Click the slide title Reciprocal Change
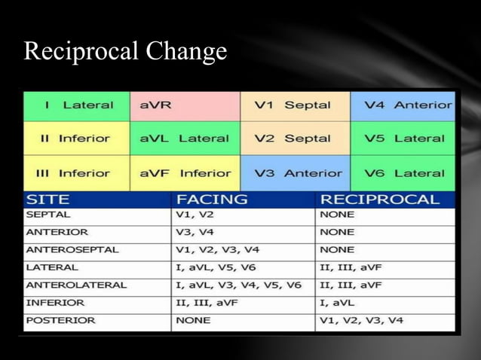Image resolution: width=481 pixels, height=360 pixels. [125, 51]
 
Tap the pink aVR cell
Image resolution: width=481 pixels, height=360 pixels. [185, 105]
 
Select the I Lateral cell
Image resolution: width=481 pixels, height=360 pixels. [77, 105]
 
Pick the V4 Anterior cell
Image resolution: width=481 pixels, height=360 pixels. [403, 105]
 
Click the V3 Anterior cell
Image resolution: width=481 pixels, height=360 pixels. [295, 173]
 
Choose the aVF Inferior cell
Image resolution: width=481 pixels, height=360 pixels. [185, 173]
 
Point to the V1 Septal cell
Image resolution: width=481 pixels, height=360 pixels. [295, 105]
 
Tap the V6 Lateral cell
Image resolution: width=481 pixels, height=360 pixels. [403, 173]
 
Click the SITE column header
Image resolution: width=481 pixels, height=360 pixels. [48, 200]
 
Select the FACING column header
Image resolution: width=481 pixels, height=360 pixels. [212, 200]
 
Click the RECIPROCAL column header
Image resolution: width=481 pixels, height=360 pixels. [379, 200]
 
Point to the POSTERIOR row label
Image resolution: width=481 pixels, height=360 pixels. [60, 320]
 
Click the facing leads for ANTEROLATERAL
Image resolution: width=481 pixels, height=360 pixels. [238, 285]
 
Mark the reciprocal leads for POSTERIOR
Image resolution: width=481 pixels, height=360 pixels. [361, 320]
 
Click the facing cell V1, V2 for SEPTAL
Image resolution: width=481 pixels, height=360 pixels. [195, 215]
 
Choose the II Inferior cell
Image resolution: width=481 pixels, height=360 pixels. [77, 139]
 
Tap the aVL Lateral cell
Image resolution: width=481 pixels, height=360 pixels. [185, 139]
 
